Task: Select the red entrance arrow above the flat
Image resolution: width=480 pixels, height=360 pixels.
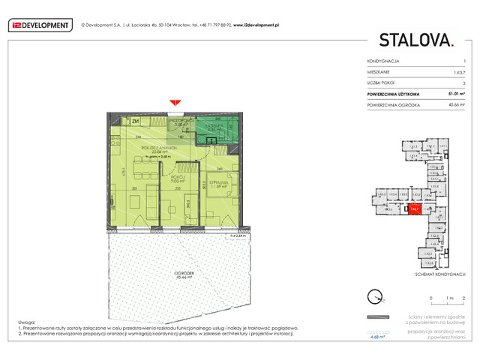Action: [174, 103]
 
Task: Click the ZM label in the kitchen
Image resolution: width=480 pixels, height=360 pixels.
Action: [135, 121]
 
